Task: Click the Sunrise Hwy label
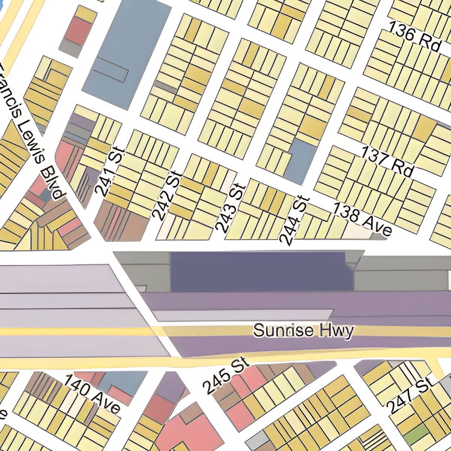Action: [x=303, y=331]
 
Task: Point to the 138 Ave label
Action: [x=363, y=219]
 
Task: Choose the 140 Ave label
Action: [x=92, y=393]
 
